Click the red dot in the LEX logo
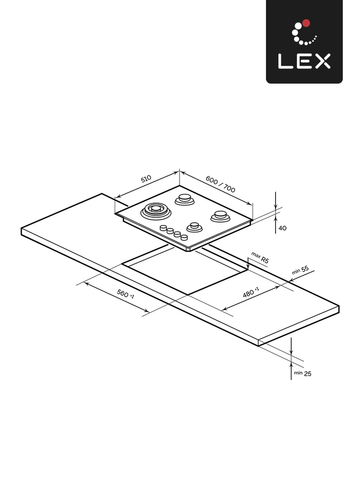[x=307, y=23]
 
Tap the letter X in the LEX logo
[x=322, y=61]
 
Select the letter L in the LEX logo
[x=285, y=61]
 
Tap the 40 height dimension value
[x=282, y=228]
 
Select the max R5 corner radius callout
[x=260, y=258]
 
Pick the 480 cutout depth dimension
[x=251, y=292]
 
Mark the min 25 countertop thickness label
[x=302, y=373]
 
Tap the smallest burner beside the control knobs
[x=194, y=226]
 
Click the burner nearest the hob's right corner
[x=221, y=216]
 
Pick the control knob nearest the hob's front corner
[x=184, y=237]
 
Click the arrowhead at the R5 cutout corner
[x=248, y=267]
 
